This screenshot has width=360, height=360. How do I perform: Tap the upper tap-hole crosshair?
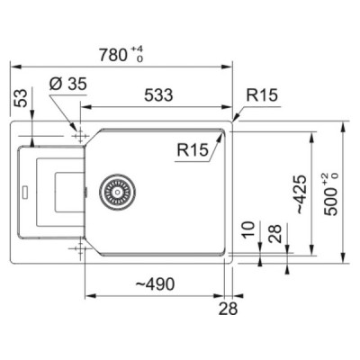coord(83,135)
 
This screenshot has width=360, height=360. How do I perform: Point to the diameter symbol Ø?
coord(52,85)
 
